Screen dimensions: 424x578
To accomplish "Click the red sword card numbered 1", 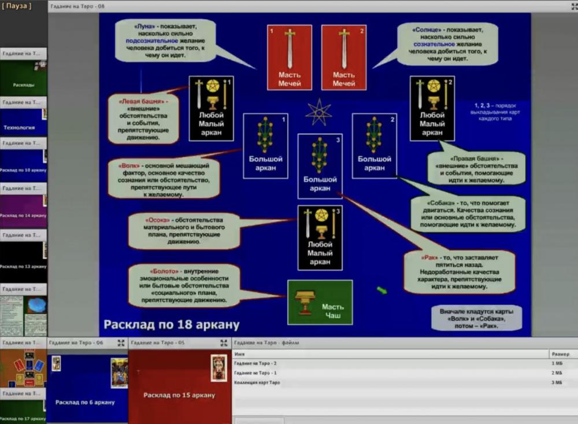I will [290, 57].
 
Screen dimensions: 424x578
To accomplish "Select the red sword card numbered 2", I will [344, 57].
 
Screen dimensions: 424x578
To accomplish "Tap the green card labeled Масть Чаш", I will [320, 302].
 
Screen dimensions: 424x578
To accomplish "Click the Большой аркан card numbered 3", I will [320, 166].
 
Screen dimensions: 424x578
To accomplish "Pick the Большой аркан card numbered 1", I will [265, 145].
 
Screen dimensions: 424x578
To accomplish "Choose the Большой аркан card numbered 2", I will [374, 145].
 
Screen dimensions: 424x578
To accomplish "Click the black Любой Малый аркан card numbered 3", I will [320, 237].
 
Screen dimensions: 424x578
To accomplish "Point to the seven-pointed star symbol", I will [318, 111].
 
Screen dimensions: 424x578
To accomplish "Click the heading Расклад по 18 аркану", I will [171, 325].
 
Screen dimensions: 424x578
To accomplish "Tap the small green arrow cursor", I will [382, 290].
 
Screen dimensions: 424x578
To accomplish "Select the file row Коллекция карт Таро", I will [257, 382].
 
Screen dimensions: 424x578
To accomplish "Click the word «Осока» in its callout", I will [156, 220].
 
